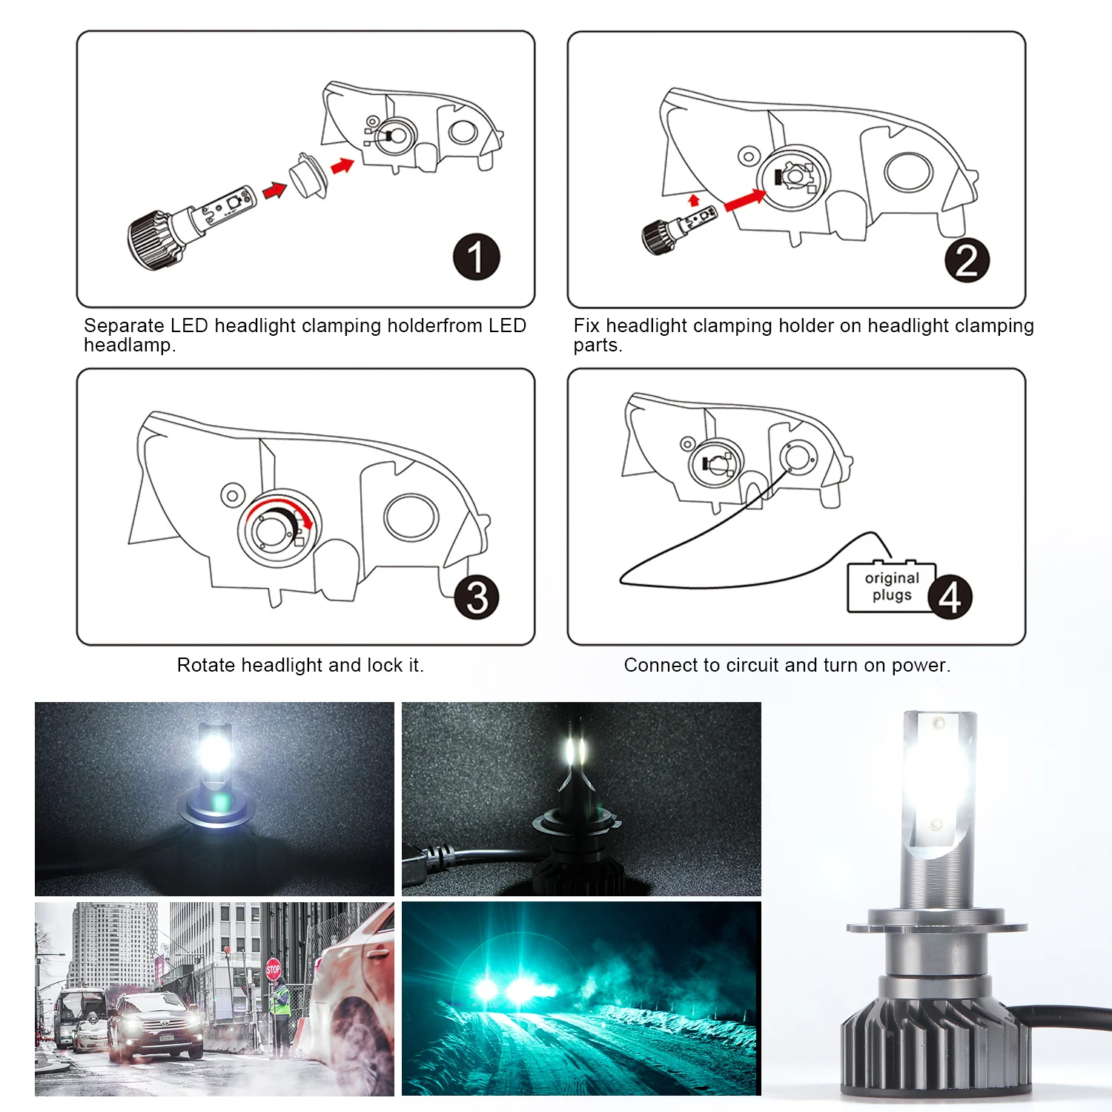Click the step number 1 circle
(476, 257)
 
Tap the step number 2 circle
(967, 259)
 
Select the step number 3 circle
(477, 597)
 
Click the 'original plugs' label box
(892, 587)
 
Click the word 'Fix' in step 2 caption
(586, 325)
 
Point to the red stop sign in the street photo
(273, 969)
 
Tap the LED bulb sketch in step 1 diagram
(191, 226)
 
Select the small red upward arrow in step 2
(694, 200)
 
